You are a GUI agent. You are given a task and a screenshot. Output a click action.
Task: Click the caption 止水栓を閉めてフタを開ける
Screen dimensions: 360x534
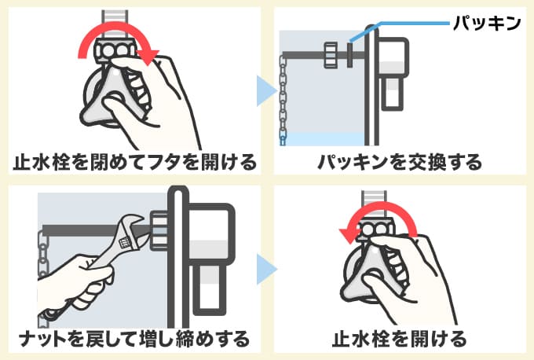134,163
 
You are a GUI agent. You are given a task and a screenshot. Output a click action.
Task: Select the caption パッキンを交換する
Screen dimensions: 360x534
400,163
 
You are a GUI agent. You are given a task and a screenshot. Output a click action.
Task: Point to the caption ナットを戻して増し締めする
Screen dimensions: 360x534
134,340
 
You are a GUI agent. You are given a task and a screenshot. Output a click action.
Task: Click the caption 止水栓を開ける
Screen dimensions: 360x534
400,340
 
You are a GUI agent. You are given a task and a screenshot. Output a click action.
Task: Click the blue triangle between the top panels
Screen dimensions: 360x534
267,90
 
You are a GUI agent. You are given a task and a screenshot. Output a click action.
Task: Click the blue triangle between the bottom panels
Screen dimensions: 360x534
267,267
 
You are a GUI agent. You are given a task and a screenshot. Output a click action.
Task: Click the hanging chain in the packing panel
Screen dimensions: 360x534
284,98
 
